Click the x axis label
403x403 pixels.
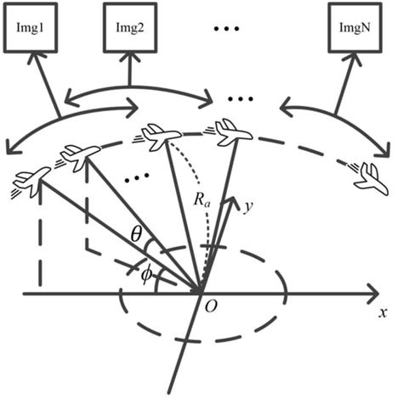tap(383, 311)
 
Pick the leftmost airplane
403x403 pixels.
tap(32, 181)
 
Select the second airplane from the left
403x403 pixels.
tap(79, 156)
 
